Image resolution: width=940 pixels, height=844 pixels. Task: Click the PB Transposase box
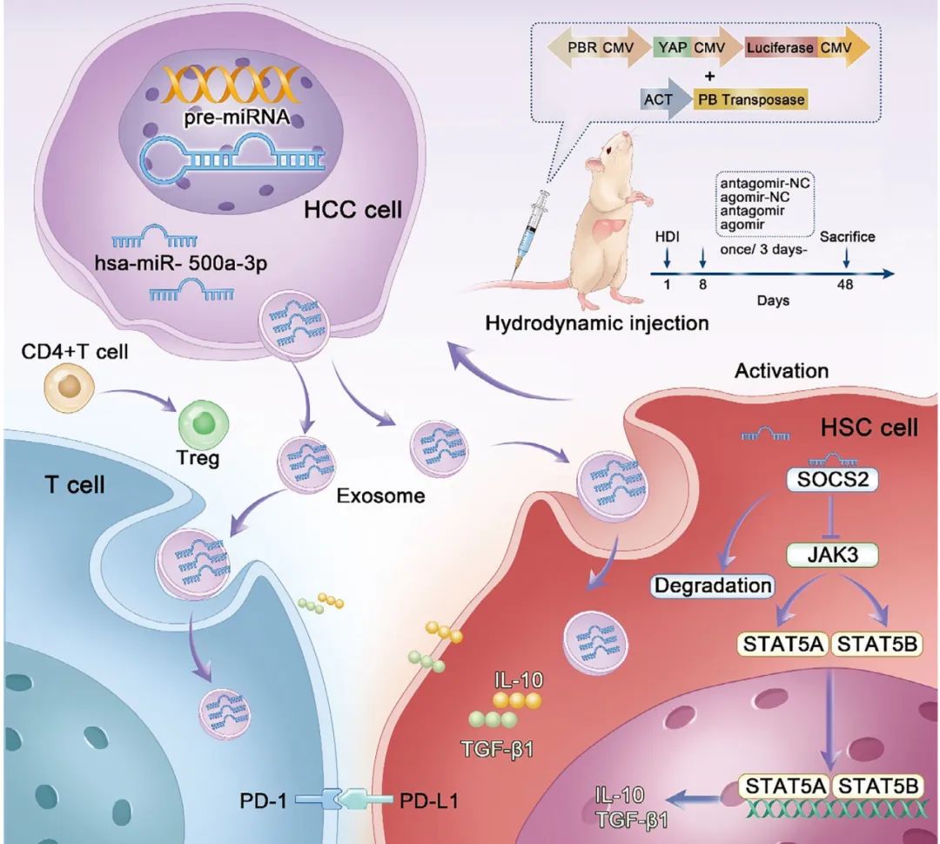(751, 98)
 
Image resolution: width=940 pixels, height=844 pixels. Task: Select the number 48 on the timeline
(845, 285)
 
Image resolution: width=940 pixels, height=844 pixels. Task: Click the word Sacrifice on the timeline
(847, 236)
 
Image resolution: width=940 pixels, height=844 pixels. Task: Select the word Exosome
(380, 496)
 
